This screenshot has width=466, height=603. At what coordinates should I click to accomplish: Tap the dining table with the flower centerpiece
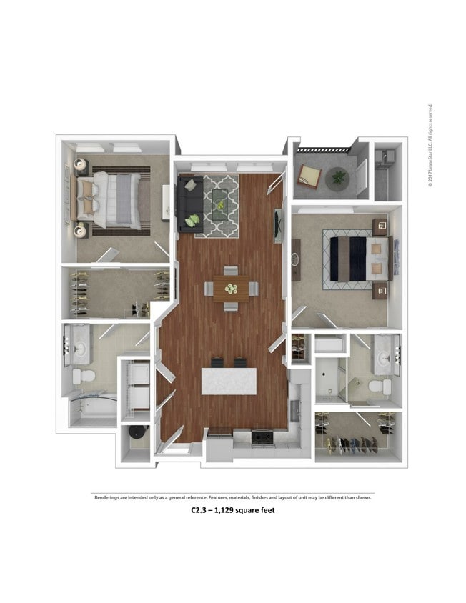click(231, 289)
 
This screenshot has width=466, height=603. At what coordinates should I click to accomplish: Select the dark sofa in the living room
click(189, 204)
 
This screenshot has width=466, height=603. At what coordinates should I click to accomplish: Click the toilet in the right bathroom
click(380, 387)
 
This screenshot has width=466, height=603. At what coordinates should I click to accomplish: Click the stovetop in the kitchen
click(262, 435)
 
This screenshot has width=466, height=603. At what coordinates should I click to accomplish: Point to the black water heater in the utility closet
click(136, 434)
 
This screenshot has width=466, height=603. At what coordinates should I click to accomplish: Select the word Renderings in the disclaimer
click(110, 497)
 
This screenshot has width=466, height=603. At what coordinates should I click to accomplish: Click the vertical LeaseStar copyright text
click(430, 146)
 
